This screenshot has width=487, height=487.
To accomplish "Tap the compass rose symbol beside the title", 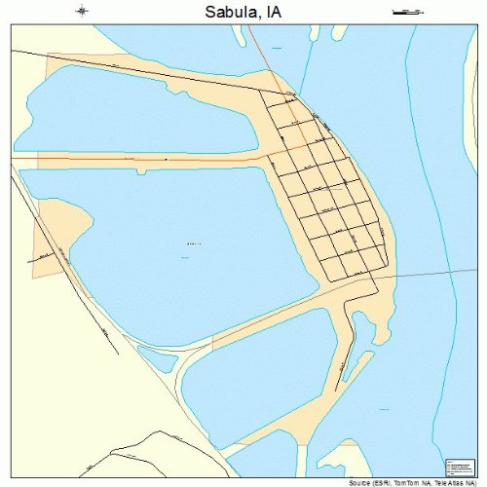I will pyautogui.click(x=82, y=12).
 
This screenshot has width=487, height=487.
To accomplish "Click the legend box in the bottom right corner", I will pyautogui.click(x=456, y=467).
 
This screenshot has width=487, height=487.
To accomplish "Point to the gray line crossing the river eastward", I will pyautogui.click(x=429, y=272).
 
